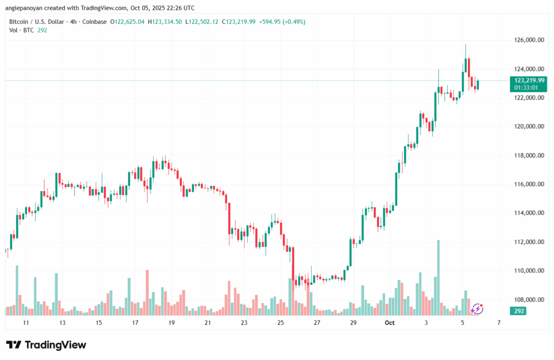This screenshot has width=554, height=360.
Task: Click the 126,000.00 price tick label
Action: (527, 40)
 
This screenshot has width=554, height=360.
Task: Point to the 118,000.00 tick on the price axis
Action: (527, 155)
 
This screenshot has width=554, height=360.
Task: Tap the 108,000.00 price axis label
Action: (527, 299)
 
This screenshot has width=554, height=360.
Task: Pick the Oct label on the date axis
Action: (388, 323)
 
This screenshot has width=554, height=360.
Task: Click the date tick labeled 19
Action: (172, 323)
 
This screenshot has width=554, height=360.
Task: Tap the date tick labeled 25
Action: (280, 323)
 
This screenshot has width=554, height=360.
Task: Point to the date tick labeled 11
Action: (26, 323)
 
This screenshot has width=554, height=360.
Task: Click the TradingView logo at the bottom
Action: (46, 345)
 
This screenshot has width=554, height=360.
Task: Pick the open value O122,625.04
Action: (128, 22)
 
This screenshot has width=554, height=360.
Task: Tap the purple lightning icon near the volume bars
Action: (477, 309)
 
